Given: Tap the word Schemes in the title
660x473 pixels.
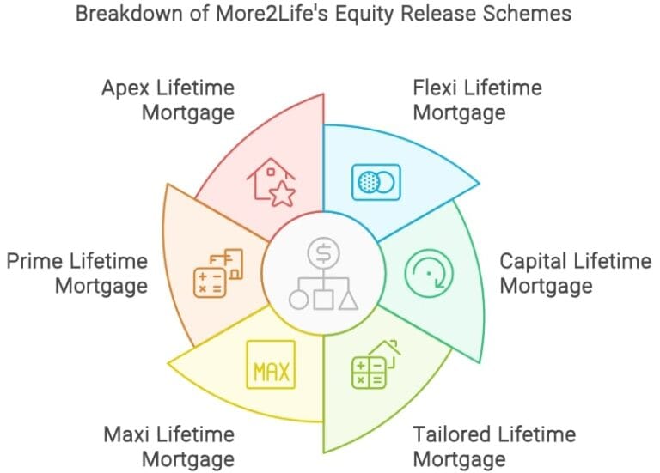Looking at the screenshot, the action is click(527, 13).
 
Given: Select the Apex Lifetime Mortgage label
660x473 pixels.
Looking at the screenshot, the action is click(168, 100).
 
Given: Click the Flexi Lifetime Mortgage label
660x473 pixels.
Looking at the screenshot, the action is click(477, 100).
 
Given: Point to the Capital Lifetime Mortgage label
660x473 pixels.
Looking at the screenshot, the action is click(576, 274).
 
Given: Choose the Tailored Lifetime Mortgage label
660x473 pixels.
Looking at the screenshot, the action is click(494, 446).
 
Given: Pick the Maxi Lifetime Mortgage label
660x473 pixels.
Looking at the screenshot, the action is click(168, 446).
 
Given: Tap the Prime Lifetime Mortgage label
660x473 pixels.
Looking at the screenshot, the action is click(77, 274).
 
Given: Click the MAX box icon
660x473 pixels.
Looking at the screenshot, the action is click(271, 365).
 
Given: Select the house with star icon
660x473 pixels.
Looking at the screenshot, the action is click(271, 182).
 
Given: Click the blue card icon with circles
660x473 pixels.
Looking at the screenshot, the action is click(376, 182).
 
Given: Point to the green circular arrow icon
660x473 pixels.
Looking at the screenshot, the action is click(429, 273).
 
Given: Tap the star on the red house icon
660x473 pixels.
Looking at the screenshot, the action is click(282, 194).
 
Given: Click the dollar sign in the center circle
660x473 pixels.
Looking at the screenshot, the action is click(323, 253).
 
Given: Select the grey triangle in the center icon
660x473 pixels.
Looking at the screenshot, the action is click(348, 300).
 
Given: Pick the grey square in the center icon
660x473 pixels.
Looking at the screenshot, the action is click(323, 300).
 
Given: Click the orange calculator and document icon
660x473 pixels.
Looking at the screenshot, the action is click(218, 273).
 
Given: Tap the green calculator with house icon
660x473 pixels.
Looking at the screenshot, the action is click(376, 364).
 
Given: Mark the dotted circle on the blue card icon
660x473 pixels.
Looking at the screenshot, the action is click(369, 182).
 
